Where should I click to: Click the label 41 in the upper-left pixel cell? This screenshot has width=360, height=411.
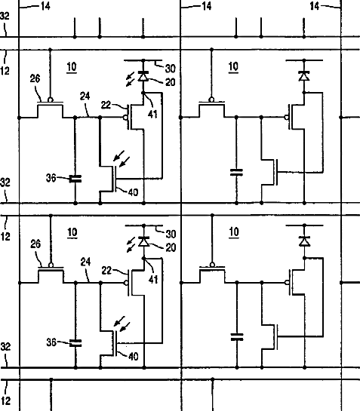[x=152, y=114]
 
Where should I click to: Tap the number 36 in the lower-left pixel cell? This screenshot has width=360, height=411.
[x=51, y=342]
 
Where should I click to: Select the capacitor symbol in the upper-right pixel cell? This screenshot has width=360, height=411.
[x=236, y=173]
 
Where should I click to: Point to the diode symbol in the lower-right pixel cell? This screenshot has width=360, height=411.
[x=304, y=241]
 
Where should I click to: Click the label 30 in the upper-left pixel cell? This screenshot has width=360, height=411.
[x=170, y=69]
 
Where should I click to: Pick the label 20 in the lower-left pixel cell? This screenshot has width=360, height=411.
[x=171, y=247]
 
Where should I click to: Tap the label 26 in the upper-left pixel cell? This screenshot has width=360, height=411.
[x=35, y=78]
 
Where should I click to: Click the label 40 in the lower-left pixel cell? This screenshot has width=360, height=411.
[x=133, y=356]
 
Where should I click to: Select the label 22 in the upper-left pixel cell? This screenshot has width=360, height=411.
[x=106, y=105]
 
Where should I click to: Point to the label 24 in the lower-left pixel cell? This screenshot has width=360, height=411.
[x=85, y=262]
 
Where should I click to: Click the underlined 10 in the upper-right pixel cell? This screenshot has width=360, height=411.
[x=233, y=67]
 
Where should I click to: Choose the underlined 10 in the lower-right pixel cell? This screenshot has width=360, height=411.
[x=234, y=232]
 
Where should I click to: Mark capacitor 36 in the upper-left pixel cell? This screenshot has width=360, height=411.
[x=75, y=179]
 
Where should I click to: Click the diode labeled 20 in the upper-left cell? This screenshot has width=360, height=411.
[x=143, y=75]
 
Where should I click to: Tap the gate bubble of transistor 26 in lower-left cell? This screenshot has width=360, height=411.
[x=51, y=265]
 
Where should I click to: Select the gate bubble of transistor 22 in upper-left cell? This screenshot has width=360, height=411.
[x=126, y=118]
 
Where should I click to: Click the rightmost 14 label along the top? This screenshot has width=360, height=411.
[x=315, y=6]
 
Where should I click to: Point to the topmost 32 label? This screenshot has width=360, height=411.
[x=5, y=16]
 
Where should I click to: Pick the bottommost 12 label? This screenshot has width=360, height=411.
[x=5, y=400]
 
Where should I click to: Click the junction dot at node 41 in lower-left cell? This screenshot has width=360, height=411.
[x=143, y=259]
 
